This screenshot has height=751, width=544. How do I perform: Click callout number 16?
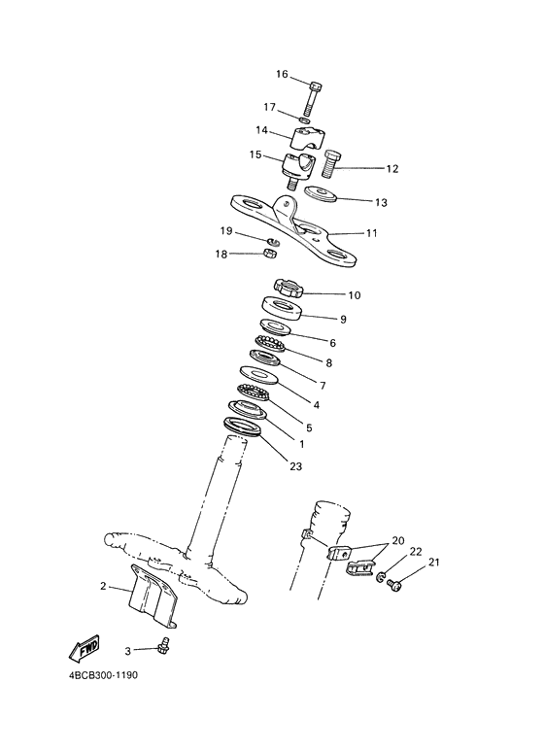[x=283, y=75]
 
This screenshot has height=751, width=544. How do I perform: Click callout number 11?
[x=371, y=233]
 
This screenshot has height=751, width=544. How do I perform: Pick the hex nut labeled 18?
[x=273, y=254]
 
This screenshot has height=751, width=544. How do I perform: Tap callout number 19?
[x=225, y=231]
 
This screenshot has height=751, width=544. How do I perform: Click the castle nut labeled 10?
[x=289, y=288]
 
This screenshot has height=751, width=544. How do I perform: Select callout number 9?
[x=343, y=319]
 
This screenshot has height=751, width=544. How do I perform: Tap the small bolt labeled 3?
[x=164, y=644]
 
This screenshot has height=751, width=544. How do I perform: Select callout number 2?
[x=103, y=586]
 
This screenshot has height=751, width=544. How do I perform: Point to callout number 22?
[x=416, y=552]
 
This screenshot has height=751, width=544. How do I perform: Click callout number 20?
[x=397, y=541]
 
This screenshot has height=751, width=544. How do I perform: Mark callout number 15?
[x=255, y=154]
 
